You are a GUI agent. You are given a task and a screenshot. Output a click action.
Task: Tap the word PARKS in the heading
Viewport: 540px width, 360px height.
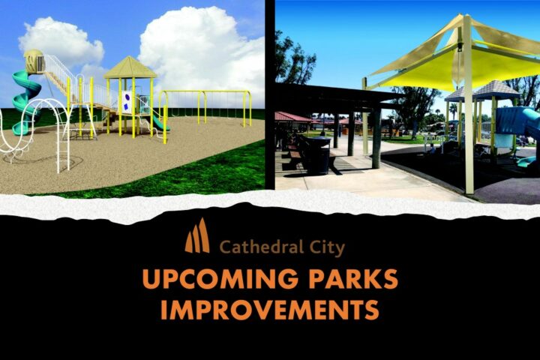[353, 278]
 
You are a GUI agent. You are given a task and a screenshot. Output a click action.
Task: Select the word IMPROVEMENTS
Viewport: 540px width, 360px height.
[270, 309]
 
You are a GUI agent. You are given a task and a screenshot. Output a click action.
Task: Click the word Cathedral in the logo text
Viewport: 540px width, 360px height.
[262, 247]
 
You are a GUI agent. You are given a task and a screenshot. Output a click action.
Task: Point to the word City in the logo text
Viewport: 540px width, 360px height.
[327, 248]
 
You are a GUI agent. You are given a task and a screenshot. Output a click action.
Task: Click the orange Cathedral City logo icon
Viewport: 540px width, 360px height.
[197, 235]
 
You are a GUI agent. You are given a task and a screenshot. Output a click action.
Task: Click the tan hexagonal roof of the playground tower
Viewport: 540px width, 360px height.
[130, 67]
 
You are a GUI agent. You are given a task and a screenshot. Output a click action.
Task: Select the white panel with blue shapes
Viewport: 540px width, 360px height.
[126, 102]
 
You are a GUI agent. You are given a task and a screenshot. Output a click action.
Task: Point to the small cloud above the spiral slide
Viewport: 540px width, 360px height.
[60, 41]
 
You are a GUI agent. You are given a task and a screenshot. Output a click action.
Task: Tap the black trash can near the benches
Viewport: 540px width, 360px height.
[320, 155]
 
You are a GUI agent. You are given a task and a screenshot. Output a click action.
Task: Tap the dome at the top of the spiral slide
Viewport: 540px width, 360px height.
[34, 61]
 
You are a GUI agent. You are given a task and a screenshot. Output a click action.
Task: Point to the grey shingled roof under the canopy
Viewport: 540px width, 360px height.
[482, 90]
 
